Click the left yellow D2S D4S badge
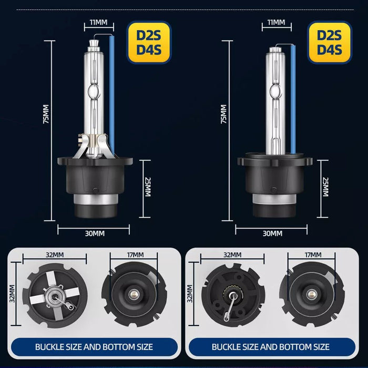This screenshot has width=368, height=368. [149, 43]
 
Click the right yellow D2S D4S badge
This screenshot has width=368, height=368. [330, 43]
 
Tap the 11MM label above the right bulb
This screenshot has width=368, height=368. [276, 23]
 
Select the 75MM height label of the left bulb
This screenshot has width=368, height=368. [46, 114]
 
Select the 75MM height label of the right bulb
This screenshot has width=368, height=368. [224, 114]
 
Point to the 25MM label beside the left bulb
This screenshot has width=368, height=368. [148, 187]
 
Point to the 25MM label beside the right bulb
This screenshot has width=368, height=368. [325, 187]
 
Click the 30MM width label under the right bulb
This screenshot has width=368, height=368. [272, 233]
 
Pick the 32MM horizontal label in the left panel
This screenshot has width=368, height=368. [55, 254]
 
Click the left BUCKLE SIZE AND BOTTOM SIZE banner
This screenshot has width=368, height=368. [94, 347]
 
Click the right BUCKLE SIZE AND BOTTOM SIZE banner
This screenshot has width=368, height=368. [271, 347]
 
